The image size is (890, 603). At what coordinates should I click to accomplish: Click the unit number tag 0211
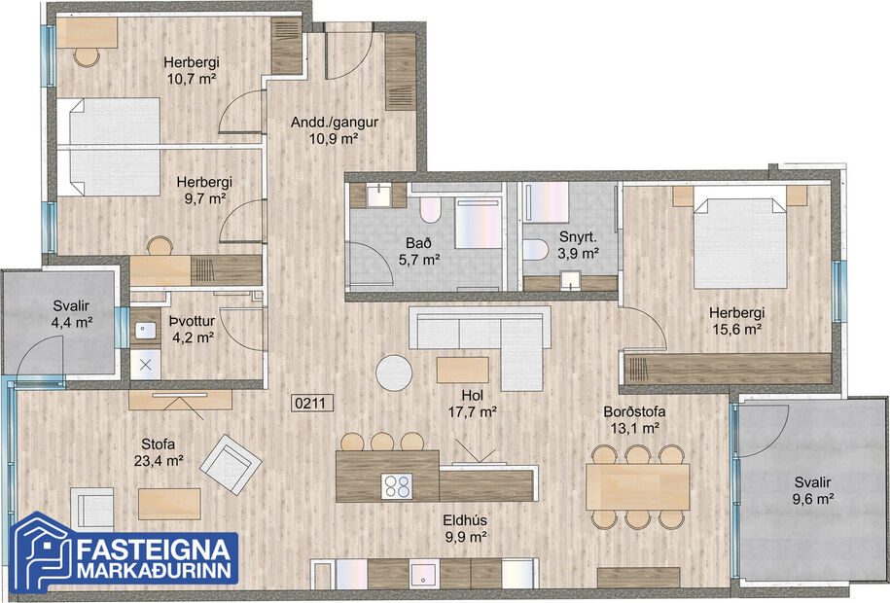[x=309, y=400]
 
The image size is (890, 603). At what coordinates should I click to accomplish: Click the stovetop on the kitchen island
[x=397, y=484]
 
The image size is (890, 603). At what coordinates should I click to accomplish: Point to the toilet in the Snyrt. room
[x=536, y=250]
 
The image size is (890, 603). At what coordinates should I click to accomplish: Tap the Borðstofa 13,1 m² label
[x=632, y=419]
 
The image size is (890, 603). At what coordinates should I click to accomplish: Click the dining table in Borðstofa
[x=637, y=486]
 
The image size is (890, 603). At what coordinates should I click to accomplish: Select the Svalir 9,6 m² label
[x=812, y=491]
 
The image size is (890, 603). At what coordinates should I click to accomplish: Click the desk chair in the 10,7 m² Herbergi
[x=88, y=56]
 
